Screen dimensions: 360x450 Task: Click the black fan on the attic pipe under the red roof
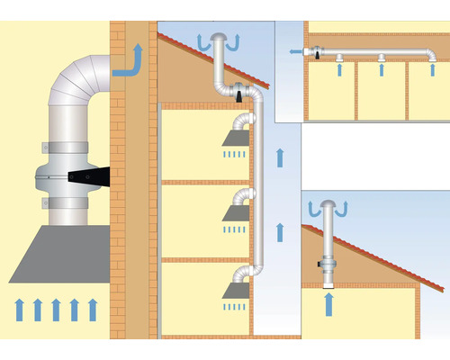point(239,92)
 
